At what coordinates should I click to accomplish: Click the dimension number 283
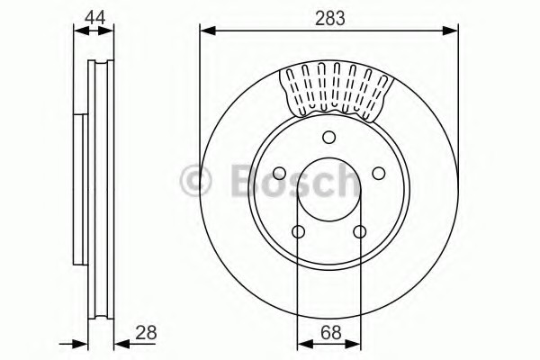click(330, 18)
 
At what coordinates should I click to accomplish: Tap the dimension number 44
click(95, 17)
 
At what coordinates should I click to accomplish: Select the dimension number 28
click(146, 332)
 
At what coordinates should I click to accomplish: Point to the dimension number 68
click(330, 332)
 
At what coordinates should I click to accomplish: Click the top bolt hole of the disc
click(329, 137)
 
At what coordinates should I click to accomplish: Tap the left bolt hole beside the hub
click(279, 174)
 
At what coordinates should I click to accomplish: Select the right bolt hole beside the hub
click(379, 174)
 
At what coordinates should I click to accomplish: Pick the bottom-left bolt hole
click(298, 231)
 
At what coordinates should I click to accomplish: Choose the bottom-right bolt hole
click(360, 231)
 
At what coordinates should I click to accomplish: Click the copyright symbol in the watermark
click(195, 181)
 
